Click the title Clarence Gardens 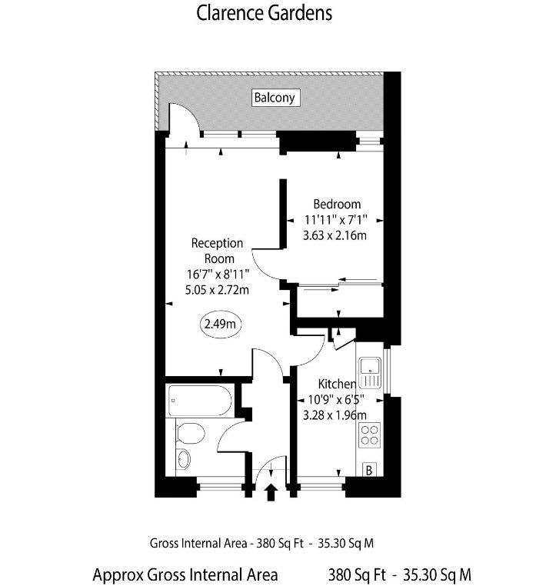tap(265, 13)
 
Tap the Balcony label tap(275, 98)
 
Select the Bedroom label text tap(337, 205)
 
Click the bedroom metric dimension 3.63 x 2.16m tap(335, 235)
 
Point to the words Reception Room tap(218, 251)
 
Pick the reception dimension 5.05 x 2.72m tap(218, 290)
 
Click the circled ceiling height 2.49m tap(221, 324)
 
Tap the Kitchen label tap(338, 384)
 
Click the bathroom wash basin tap(183, 460)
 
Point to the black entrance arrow tap(271, 491)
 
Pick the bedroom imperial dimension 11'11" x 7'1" tap(335, 219)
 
